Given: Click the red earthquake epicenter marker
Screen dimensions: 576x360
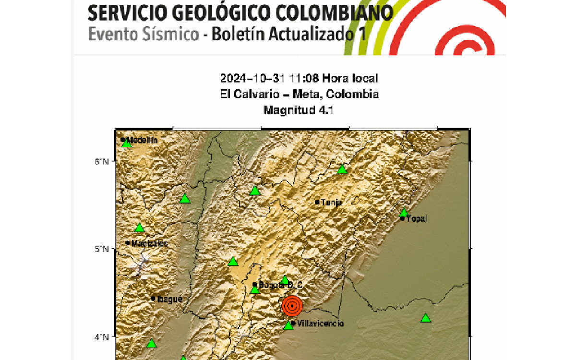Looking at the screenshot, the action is click(x=292, y=306).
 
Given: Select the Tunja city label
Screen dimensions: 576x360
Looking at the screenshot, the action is click(x=331, y=203).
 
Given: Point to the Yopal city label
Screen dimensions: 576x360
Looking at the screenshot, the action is click(x=416, y=219).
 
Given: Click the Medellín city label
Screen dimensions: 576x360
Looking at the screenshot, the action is click(x=142, y=140).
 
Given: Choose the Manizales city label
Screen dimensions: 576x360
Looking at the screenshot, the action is click(x=149, y=243).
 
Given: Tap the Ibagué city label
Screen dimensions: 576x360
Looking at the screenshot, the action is click(x=169, y=299).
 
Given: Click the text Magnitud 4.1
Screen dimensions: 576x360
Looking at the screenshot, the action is click(x=299, y=110).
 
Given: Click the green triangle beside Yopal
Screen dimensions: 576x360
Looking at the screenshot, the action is click(x=404, y=213).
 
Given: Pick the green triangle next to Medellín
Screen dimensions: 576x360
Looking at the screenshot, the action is click(x=126, y=143).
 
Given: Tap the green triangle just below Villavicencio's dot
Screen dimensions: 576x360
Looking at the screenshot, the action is click(x=288, y=325).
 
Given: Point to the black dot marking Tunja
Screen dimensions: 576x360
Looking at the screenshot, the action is click(x=317, y=202).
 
